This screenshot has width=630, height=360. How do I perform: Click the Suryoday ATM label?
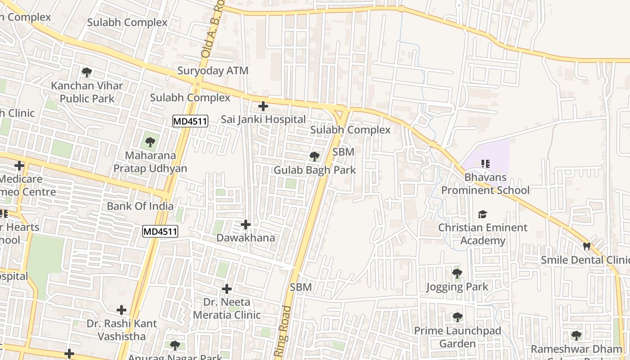pyautogui.click(x=212, y=71)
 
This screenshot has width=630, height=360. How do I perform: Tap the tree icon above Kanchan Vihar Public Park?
pyautogui.click(x=87, y=72)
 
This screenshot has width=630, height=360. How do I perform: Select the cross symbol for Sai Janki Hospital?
pyautogui.click(x=263, y=106)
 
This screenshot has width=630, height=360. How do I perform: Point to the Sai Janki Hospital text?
pyautogui.click(x=263, y=119)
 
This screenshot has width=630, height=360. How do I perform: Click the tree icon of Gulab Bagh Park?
pyautogui.click(x=315, y=157)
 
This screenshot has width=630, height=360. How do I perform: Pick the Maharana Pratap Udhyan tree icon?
pyautogui.click(x=150, y=143)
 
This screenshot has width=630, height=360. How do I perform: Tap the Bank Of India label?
pyautogui.click(x=140, y=206)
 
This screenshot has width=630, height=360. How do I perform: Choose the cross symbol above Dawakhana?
pyautogui.click(x=246, y=224)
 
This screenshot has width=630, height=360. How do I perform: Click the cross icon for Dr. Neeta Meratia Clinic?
pyautogui.click(x=227, y=288)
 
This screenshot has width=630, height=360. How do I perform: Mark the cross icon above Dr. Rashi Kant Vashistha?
pyautogui.click(x=121, y=310)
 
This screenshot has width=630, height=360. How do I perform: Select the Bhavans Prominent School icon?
pyautogui.click(x=485, y=164)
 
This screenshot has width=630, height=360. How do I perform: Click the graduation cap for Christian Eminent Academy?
pyautogui.click(x=483, y=214)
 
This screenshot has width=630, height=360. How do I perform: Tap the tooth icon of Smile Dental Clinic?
pyautogui.click(x=586, y=246)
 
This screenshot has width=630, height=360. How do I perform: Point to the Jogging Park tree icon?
pyautogui.click(x=457, y=273)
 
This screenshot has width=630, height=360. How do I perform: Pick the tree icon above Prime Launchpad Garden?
pyautogui.click(x=458, y=317)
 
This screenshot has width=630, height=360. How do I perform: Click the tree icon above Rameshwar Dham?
pyautogui.click(x=576, y=336)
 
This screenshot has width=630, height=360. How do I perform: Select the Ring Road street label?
pyautogui.click(x=282, y=332)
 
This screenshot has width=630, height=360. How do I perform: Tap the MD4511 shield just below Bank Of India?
pyautogui.click(x=160, y=232)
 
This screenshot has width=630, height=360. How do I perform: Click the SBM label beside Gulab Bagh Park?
pyautogui.click(x=343, y=152)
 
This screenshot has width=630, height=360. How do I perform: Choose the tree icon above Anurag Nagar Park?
pyautogui.click(x=175, y=346)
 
